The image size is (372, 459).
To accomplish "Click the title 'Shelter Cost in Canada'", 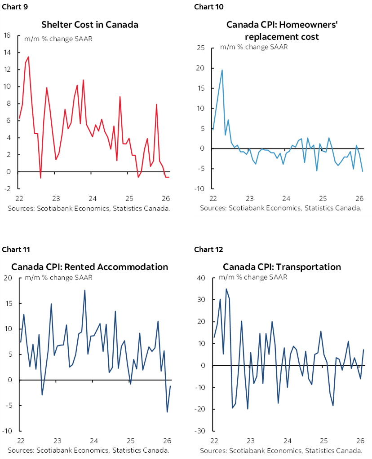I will click(x=90, y=24).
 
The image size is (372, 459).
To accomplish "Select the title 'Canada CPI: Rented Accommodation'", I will click(x=90, y=267).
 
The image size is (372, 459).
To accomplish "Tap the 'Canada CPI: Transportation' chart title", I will click(x=282, y=267).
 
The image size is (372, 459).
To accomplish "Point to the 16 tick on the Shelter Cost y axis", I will click(x=7, y=35).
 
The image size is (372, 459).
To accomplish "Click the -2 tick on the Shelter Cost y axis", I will click(x=7, y=189).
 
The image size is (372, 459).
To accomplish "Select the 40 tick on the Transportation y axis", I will click(x=201, y=278).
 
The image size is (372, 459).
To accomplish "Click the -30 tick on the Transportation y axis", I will click(x=200, y=431).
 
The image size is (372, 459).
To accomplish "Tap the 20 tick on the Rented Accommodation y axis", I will click(x=8, y=278).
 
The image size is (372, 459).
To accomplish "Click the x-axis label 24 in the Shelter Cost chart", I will click(x=92, y=199).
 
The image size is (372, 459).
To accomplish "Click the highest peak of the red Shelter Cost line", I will click(x=29, y=57).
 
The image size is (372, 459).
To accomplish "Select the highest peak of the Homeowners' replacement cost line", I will click(x=222, y=70).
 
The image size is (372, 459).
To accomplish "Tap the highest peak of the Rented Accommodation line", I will click(x=84, y=290).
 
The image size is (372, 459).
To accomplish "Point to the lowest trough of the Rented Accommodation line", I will click(x=167, y=412).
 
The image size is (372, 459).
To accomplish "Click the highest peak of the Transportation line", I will click(x=226, y=289).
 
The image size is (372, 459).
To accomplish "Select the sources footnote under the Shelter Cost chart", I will click(x=89, y=208).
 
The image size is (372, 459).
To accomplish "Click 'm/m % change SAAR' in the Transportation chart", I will click(x=253, y=277).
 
